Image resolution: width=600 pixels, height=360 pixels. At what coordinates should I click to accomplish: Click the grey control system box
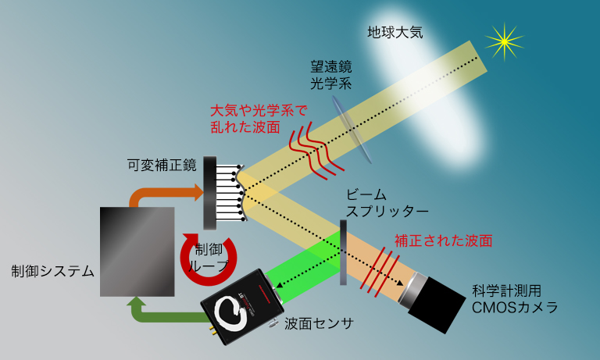[137, 251]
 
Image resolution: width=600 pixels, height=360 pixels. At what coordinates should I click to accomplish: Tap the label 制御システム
[52, 272]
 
